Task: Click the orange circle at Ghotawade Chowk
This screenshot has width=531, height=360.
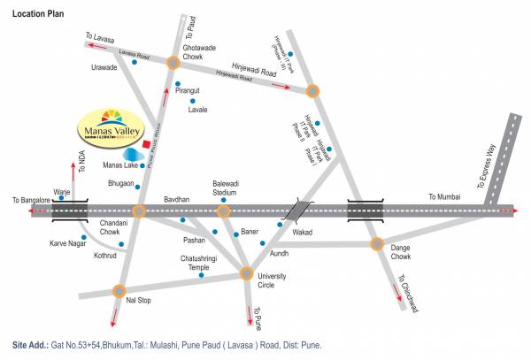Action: click(173, 63)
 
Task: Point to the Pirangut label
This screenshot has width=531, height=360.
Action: click(190, 90)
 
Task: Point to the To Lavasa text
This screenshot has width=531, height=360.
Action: click(99, 36)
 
